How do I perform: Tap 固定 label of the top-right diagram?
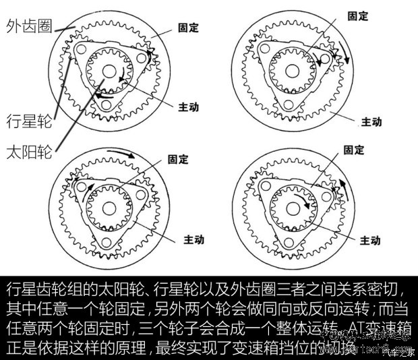click(x=357, y=16)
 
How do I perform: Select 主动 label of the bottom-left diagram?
click(x=192, y=240)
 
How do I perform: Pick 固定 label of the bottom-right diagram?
click(x=355, y=150)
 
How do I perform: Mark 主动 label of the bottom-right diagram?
click(x=370, y=240)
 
